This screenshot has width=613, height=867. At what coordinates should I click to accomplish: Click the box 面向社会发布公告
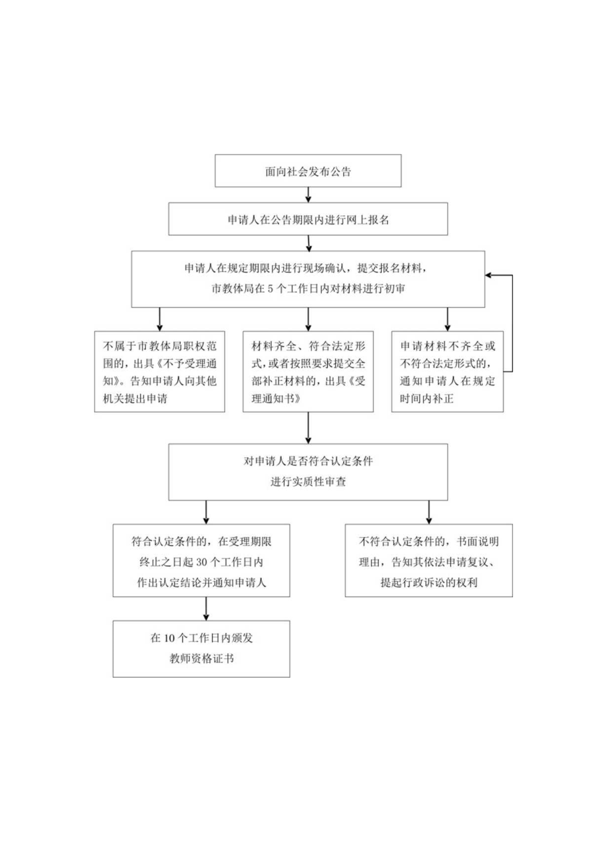click(307, 171)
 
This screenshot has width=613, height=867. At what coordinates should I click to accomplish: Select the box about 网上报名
click(307, 220)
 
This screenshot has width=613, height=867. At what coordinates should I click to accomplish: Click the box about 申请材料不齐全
click(446, 372)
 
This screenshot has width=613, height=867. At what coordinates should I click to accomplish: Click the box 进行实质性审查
click(307, 472)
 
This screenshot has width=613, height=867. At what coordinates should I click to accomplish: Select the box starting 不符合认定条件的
click(428, 560)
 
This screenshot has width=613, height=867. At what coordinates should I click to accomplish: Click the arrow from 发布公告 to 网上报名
click(307, 195)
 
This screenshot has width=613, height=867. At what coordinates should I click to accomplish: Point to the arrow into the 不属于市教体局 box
click(159, 320)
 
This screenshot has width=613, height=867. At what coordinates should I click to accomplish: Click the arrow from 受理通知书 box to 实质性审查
click(307, 428)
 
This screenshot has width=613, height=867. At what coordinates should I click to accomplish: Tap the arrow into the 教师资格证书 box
click(206, 608)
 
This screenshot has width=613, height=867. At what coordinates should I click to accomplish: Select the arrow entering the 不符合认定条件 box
click(428, 512)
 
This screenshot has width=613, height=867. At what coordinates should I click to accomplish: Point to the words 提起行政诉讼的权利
click(428, 580)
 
